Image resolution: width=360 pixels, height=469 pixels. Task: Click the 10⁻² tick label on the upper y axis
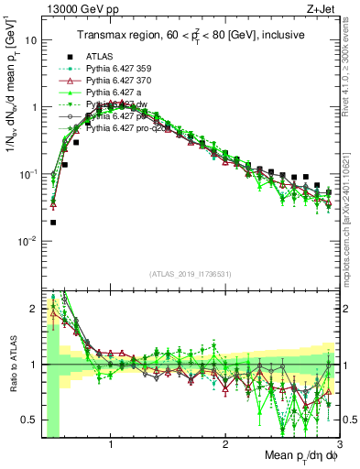(27, 241)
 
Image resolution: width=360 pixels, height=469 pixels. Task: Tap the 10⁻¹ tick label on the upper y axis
(27, 174)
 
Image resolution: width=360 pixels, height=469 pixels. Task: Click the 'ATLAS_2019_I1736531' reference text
(191, 273)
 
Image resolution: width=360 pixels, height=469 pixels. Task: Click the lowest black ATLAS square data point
(53, 222)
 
